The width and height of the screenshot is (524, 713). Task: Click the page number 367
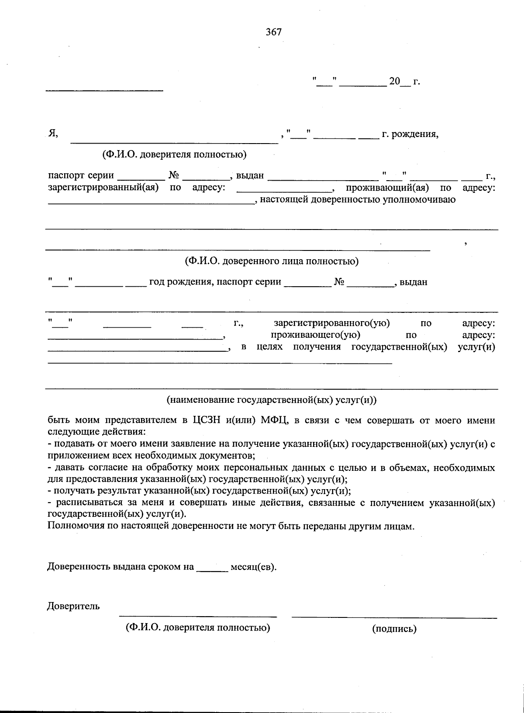tap(274, 32)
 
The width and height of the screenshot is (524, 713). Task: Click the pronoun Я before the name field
tap(53, 134)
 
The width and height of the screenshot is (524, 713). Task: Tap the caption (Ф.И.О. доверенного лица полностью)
tap(272, 261)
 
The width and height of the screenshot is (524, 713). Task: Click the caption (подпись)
tap(394, 628)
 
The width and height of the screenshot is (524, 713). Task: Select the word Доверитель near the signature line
tap(73, 606)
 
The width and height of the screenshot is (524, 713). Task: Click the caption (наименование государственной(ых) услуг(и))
tap(271, 400)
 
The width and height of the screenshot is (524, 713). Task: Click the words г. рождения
tap(410, 134)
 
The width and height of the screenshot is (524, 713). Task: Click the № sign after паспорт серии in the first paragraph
tap(174, 175)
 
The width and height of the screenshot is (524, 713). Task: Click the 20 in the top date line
tap(394, 81)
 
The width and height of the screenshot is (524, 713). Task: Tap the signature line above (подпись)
tap(394, 617)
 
